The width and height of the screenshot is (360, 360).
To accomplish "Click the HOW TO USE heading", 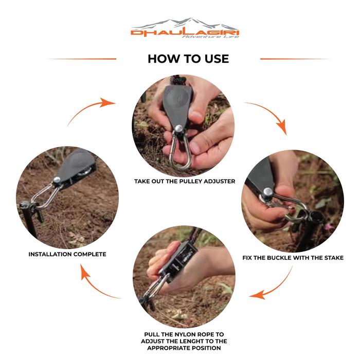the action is (x=188, y=59).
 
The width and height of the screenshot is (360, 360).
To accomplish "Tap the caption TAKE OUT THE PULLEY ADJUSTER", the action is (x=185, y=182).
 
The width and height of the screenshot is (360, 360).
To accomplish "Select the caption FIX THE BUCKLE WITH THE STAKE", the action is (x=293, y=258).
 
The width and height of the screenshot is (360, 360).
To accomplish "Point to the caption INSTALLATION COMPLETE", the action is (x=67, y=255).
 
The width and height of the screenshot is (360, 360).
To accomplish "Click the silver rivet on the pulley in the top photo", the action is (x=178, y=129).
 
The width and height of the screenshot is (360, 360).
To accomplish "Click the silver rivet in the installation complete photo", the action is (x=57, y=179).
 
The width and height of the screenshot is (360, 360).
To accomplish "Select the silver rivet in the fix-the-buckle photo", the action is (x=268, y=191).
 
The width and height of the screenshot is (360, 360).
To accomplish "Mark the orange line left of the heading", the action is (x=82, y=59).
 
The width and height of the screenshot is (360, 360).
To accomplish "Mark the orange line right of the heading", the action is (x=295, y=59).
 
